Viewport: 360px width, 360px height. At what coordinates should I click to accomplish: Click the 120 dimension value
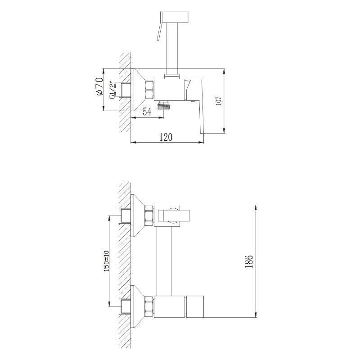point(166,137)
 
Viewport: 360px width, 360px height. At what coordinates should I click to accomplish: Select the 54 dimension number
point(147,112)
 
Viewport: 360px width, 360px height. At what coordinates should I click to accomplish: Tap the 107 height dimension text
point(218,101)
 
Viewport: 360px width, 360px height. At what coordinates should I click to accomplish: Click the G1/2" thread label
point(112,89)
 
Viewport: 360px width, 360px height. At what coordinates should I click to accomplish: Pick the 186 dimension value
point(250,261)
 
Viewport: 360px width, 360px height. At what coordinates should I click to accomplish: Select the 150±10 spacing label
point(107,261)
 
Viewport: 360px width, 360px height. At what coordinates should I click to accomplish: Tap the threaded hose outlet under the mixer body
point(166,106)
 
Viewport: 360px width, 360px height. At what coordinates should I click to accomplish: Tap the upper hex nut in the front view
point(149,216)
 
